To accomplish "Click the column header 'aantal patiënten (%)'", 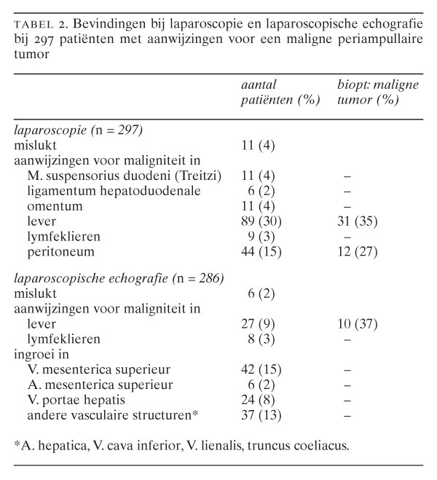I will click(280, 93).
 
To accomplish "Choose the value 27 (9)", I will click(258, 323).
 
